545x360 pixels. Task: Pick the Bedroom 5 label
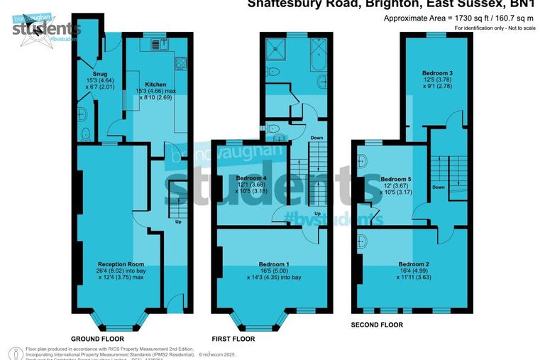(x=396, y=179)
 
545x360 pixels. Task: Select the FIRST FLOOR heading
(x=233, y=339)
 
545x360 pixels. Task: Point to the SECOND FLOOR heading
(x=377, y=324)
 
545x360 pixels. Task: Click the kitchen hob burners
(x=181, y=63)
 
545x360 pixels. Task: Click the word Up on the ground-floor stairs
(x=178, y=221)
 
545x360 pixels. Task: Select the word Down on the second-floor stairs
(x=439, y=187)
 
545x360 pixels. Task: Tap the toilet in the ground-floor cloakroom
(x=85, y=133)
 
